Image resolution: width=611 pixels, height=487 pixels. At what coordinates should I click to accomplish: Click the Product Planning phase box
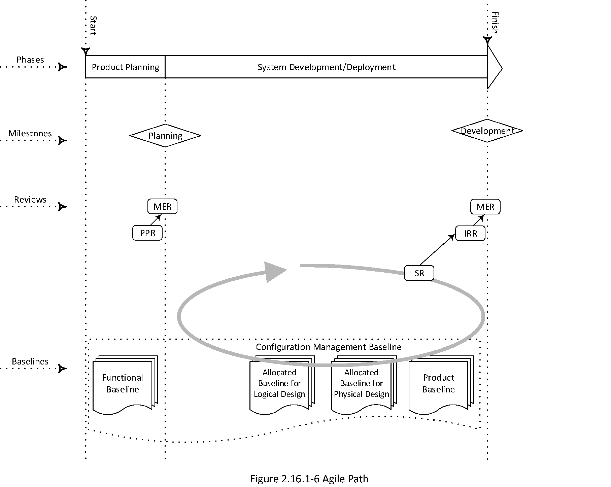pos(125,67)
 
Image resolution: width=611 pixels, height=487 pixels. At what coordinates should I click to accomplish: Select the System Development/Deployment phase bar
pos(326,67)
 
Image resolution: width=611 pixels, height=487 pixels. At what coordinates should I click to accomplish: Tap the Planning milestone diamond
pos(165,136)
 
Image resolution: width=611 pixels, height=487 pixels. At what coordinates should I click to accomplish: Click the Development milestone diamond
pos(487,131)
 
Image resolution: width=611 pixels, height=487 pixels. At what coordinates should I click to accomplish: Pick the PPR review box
pos(147,233)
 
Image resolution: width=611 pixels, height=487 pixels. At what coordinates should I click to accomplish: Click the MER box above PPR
pos(162,206)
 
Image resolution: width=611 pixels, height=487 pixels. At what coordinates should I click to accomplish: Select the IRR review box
pos(470,233)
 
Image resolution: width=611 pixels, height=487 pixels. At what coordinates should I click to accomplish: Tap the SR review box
pos(419,273)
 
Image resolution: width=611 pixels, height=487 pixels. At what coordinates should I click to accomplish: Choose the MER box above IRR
pos(485,207)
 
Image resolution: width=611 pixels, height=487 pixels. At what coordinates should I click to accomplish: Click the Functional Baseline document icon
pos(123,384)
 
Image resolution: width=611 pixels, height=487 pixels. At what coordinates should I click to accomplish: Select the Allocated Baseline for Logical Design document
pos(279,384)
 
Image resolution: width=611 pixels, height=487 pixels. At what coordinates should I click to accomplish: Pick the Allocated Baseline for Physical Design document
pos(361,384)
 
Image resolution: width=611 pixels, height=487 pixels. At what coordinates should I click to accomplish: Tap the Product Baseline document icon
pos(438,384)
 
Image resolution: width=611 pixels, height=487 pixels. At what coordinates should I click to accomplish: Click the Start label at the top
pos(93,26)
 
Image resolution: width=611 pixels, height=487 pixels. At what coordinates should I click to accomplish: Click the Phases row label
pos(30,60)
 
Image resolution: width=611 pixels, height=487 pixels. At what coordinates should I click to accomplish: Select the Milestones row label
pos(30,133)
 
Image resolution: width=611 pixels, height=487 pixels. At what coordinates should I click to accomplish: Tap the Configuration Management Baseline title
pos(329,347)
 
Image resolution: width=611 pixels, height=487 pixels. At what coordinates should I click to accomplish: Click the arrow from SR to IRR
pos(437,250)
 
